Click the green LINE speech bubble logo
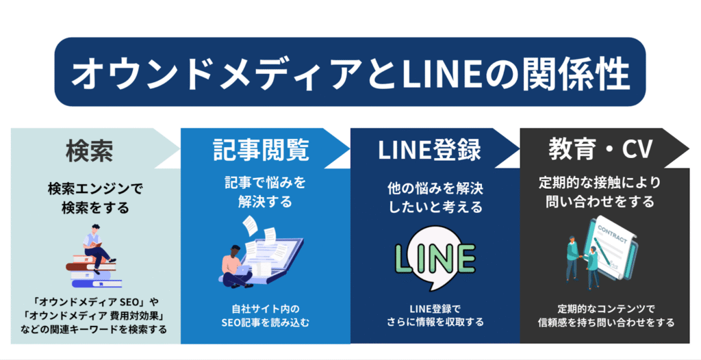tap(435, 259)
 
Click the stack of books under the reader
tap(94, 273)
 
